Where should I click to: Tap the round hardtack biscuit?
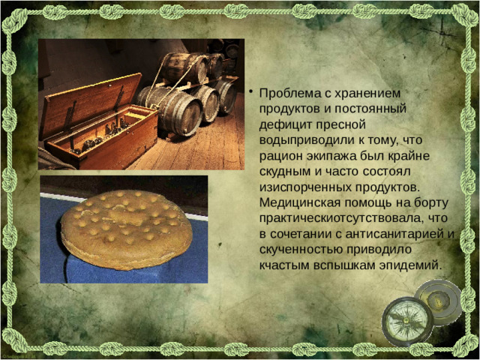pyautogui.click(x=126, y=229)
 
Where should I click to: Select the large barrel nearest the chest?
pyautogui.click(x=172, y=109)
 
